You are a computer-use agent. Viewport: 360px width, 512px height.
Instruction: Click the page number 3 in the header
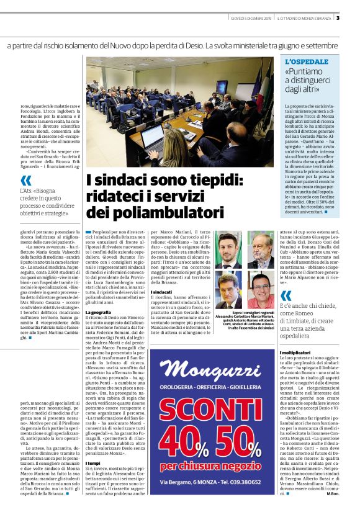[x=354, y=17]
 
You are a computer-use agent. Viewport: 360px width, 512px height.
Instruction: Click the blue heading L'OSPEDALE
[x=306, y=62]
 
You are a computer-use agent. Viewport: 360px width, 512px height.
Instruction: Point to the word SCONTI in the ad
[x=212, y=393]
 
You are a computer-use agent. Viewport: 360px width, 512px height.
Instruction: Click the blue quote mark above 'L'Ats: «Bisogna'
[x=25, y=181]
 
